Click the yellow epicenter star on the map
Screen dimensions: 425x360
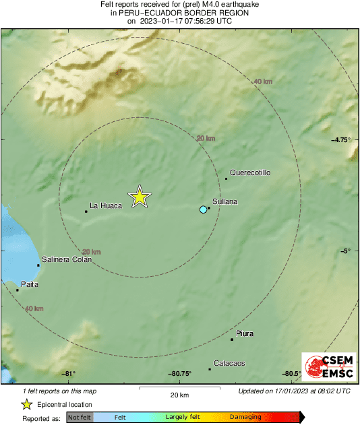pos(139,197)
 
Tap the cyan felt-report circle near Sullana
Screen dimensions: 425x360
pos(203,210)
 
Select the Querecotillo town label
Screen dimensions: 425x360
pos(250,173)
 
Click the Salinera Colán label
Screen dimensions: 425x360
pos(67,259)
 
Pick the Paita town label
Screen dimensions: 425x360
pos(30,284)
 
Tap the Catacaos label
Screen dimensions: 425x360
pos(229,363)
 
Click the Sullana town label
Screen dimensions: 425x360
pos(224,201)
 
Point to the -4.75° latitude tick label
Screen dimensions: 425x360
pos(341,139)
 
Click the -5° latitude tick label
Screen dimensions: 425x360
pos(344,251)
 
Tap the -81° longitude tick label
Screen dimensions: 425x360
pos(68,374)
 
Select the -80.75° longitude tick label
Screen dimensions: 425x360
pos(180,374)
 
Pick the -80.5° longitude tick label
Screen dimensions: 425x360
pos(292,374)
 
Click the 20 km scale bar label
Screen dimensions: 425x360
pos(179,395)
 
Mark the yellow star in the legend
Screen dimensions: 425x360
pos(26,405)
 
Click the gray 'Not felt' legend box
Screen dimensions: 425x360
pos(79,418)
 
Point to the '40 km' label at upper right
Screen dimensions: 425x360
pos(262,81)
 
